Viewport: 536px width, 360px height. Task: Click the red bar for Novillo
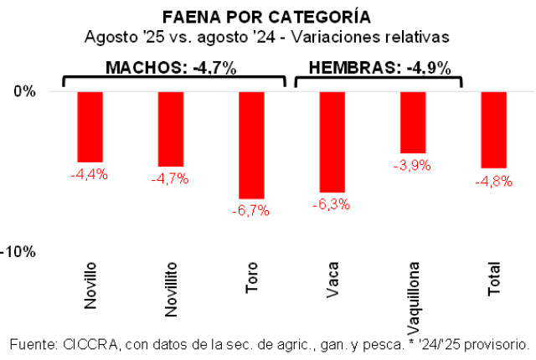(90, 126)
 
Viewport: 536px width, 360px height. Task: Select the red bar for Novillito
(171, 129)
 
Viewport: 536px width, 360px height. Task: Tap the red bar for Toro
(251, 145)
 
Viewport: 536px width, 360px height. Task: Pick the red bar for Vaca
(332, 141)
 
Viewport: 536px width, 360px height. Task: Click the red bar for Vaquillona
(413, 122)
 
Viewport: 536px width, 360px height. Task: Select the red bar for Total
(494, 130)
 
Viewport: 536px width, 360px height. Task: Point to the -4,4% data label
(90, 174)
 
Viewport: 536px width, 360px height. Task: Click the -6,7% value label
(251, 211)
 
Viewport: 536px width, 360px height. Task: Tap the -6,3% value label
(332, 204)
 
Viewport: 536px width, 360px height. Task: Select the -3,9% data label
(413, 166)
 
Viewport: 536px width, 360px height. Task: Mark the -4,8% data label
(494, 182)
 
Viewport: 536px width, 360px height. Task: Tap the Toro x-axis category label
(251, 277)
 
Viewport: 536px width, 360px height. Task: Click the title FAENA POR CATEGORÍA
(267, 18)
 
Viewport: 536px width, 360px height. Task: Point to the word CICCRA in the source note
(94, 344)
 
